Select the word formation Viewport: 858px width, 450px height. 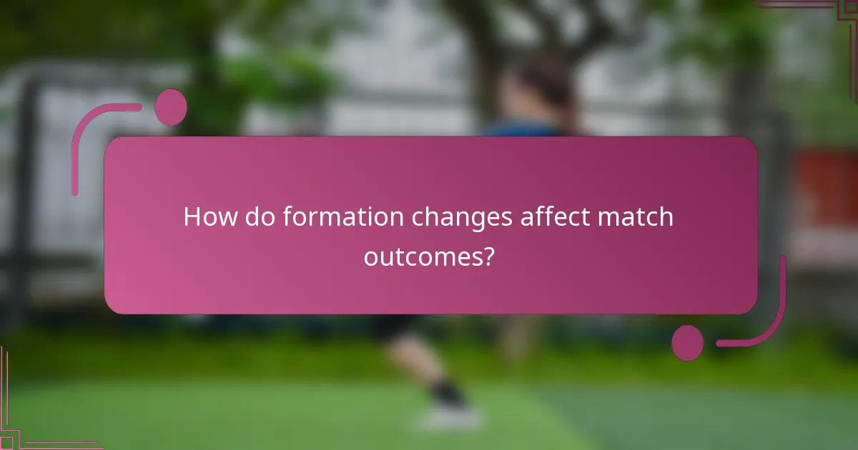344,217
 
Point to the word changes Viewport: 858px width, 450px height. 460,217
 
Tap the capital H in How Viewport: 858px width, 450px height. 192,217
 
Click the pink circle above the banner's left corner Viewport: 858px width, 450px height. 170,108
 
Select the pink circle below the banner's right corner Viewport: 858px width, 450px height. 687,342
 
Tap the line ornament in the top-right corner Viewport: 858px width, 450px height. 822,11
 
